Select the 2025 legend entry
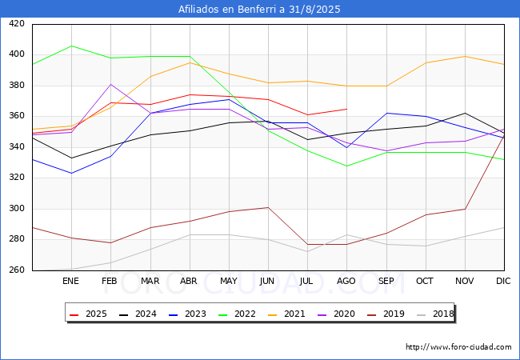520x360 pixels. point(88,314)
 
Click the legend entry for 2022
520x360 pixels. point(237,314)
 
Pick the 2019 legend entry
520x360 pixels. point(386,314)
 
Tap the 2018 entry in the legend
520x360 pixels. point(435,314)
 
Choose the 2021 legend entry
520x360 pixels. point(286,314)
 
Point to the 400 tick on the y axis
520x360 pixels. point(17,54)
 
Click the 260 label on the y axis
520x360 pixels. point(17,270)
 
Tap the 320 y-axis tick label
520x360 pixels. point(17,178)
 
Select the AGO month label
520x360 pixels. point(346,281)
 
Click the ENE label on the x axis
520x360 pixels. point(70,281)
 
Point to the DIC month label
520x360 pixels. point(503,281)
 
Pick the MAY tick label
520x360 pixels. point(229,281)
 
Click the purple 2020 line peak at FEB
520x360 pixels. point(110,84)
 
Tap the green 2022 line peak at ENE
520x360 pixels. point(72,46)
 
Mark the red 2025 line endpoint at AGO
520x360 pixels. point(347,109)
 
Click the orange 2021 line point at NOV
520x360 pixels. point(465,56)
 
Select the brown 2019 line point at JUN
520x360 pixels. point(268,207)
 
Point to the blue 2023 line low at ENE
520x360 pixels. point(72,173)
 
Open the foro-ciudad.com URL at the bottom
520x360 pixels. point(458,347)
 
